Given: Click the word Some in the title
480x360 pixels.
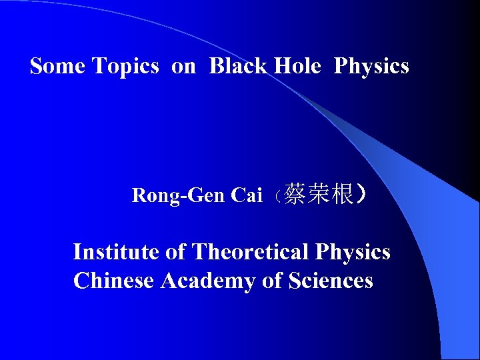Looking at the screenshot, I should tap(57, 66).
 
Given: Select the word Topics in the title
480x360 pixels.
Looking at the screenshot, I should tap(125, 66).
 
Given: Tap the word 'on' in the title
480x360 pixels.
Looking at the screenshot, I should tap(183, 66).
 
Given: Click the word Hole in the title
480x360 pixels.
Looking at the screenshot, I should tap(296, 66).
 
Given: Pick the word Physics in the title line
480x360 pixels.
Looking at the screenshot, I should tap(371, 67).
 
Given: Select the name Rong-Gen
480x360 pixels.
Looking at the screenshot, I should tap(178, 195).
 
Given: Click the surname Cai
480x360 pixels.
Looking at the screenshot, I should tap(246, 195).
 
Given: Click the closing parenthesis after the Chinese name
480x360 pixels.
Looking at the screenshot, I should tap(361, 195).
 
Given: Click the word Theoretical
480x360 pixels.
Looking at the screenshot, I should tap(251, 252).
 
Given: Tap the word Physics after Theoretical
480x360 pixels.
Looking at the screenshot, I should tap(353, 253).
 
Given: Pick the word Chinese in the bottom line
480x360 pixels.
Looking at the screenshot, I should tap(115, 281).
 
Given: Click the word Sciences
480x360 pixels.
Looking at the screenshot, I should tap(331, 281).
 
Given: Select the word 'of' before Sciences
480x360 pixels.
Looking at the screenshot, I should tap(272, 281).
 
